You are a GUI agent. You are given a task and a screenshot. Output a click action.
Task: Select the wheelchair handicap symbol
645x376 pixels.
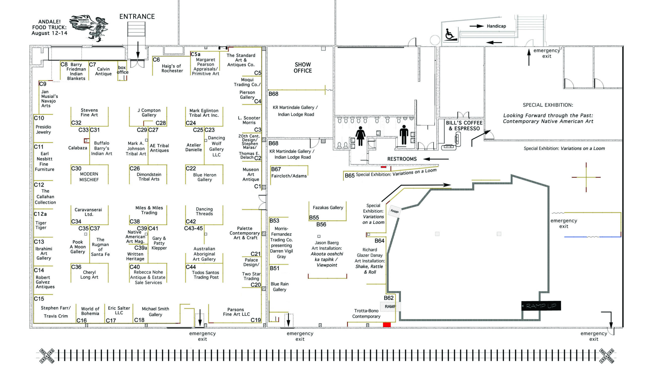[450, 34]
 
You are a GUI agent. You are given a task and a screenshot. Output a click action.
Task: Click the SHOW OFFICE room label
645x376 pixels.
[303, 68]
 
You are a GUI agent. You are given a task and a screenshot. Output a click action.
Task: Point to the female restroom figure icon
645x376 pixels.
[360, 136]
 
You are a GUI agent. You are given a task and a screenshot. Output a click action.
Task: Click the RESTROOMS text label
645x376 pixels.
[402, 159]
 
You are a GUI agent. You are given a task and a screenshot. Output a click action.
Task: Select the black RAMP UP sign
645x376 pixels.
[541, 306]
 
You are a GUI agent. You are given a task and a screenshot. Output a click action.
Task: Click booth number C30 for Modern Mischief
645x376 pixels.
[76, 168]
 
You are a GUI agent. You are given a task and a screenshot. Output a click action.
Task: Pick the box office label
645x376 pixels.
[122, 70]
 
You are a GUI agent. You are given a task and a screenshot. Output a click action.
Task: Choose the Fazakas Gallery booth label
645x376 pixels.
[328, 208]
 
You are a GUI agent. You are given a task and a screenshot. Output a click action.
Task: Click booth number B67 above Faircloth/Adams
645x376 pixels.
[276, 169]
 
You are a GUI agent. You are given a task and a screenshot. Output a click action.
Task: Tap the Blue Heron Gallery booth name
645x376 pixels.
[205, 177]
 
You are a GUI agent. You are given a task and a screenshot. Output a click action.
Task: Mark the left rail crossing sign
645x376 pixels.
[47, 356]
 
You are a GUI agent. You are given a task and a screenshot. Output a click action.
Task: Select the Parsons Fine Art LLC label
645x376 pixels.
[236, 312]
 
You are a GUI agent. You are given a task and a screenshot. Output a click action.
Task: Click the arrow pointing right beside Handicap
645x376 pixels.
[476, 26]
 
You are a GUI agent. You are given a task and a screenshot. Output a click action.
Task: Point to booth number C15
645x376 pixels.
[39, 299]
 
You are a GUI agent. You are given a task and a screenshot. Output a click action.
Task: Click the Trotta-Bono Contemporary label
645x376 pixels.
[366, 313]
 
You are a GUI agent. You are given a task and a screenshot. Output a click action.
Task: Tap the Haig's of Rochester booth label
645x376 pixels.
[172, 68]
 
